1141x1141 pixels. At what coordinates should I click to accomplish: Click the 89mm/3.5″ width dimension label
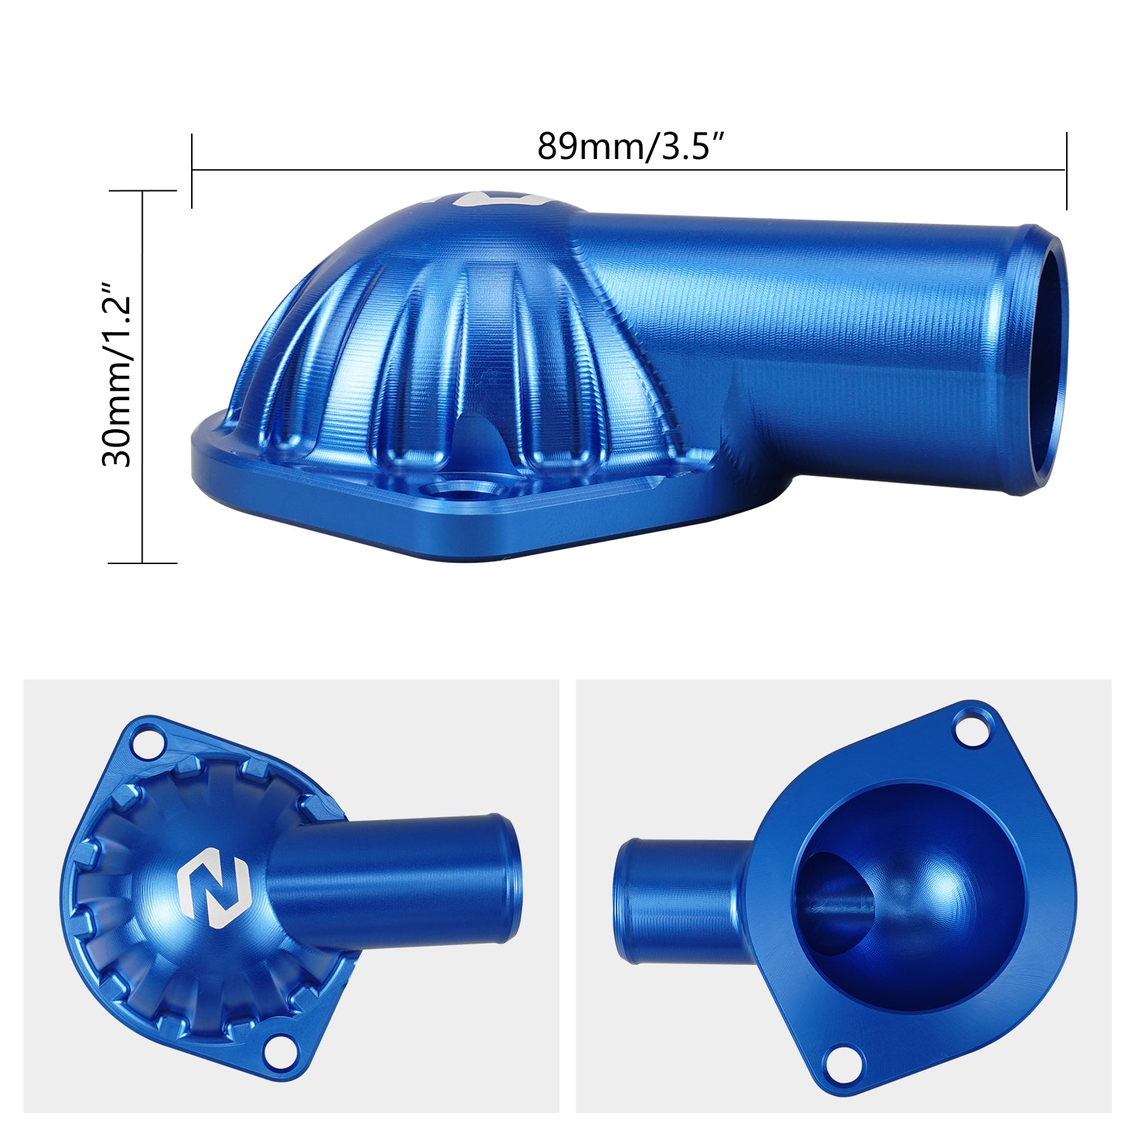630,146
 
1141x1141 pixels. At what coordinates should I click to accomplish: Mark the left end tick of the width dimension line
192,170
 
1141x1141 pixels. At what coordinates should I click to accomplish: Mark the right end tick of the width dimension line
1066,170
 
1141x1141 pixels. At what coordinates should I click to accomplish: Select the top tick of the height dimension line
143,191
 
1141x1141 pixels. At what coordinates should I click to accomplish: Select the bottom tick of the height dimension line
143,563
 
